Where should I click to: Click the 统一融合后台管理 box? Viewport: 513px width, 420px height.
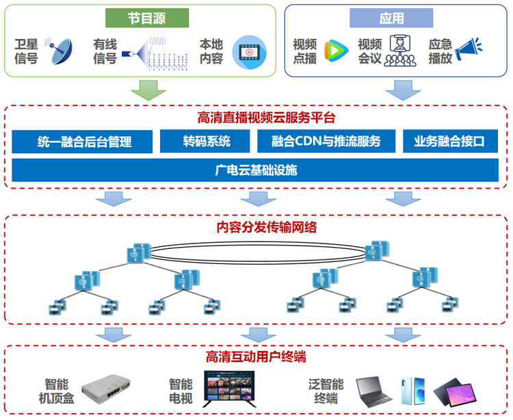pos(84,142)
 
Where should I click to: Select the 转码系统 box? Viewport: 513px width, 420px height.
pos(207,142)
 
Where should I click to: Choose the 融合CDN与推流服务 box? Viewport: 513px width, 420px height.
pos(325,142)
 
